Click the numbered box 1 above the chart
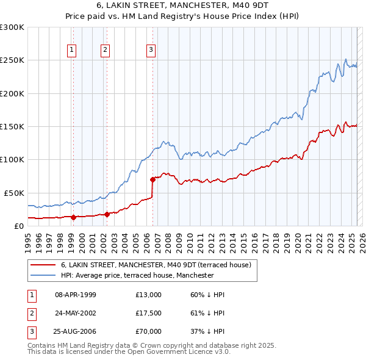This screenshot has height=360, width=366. (x=72, y=51)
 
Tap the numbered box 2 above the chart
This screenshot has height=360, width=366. (x=106, y=51)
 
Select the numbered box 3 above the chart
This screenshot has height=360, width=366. (x=151, y=51)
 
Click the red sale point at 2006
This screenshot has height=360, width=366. (x=152, y=179)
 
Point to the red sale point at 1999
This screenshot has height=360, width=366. (x=73, y=217)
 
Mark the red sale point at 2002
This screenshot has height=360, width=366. (x=107, y=214)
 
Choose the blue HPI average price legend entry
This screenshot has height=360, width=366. (x=137, y=275)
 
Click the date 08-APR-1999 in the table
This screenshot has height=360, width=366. (x=75, y=295)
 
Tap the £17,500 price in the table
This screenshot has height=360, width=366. (x=149, y=313)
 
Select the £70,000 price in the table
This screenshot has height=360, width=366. (x=149, y=331)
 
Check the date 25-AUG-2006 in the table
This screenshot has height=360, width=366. (x=75, y=331)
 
